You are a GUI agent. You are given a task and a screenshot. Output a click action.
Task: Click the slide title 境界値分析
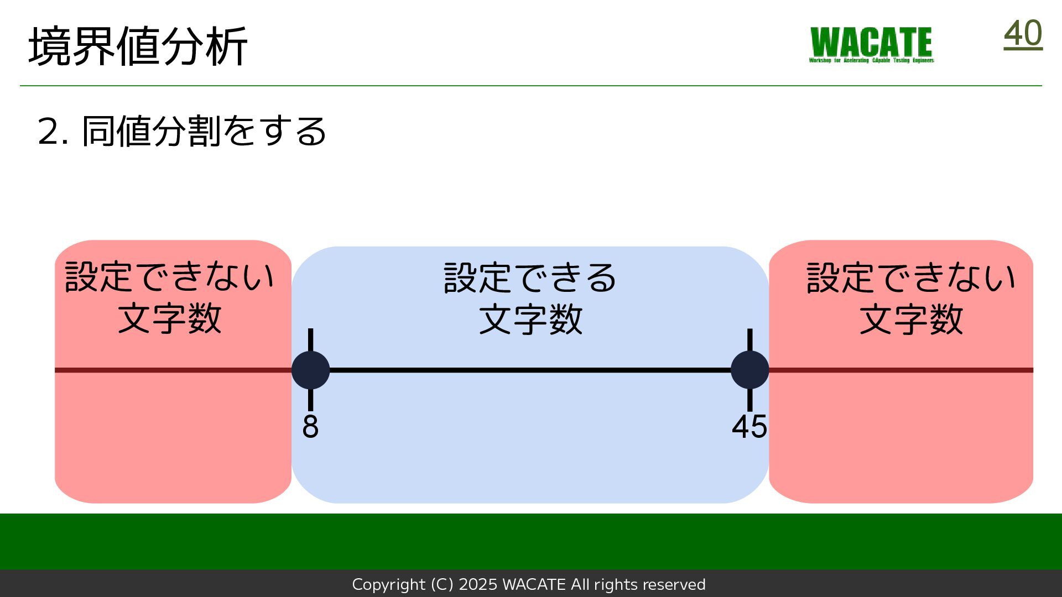pyautogui.click(x=138, y=46)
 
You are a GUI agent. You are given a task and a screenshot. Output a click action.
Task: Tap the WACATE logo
pyautogui.click(x=871, y=44)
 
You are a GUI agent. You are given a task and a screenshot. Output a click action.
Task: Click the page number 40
pyautogui.click(x=1023, y=34)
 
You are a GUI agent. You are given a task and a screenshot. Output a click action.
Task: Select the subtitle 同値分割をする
pyautogui.click(x=204, y=132)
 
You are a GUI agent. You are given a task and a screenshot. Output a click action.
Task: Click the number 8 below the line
pyautogui.click(x=310, y=426)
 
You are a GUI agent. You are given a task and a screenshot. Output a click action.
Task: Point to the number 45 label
pyautogui.click(x=749, y=426)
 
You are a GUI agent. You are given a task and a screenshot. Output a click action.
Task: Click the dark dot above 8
pyautogui.click(x=310, y=370)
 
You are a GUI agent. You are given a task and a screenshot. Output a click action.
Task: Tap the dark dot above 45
pyautogui.click(x=749, y=370)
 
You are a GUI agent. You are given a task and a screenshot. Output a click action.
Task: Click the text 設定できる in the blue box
pyautogui.click(x=530, y=277)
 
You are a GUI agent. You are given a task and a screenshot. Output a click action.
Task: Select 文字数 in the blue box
pyautogui.click(x=530, y=319)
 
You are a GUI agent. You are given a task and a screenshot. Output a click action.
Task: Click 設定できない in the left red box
pyautogui.click(x=169, y=276)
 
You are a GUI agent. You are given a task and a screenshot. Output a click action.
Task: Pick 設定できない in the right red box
pyautogui.click(x=911, y=277)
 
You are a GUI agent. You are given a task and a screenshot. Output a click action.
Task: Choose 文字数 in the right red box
pyautogui.click(x=911, y=319)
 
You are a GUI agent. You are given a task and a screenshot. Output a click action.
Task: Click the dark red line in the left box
pyautogui.click(x=171, y=370)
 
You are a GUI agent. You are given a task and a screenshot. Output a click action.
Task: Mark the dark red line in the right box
pyautogui.click(x=902, y=370)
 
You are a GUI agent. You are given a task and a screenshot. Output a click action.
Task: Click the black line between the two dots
pyautogui.click(x=530, y=370)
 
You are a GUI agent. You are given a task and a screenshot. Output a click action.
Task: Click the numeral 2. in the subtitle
pyautogui.click(x=53, y=132)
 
